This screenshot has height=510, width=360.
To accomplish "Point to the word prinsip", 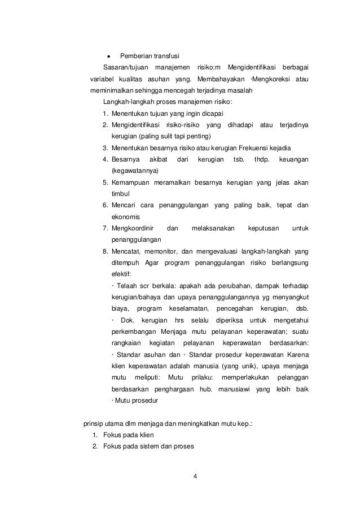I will pyautogui.click(x=93, y=423).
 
